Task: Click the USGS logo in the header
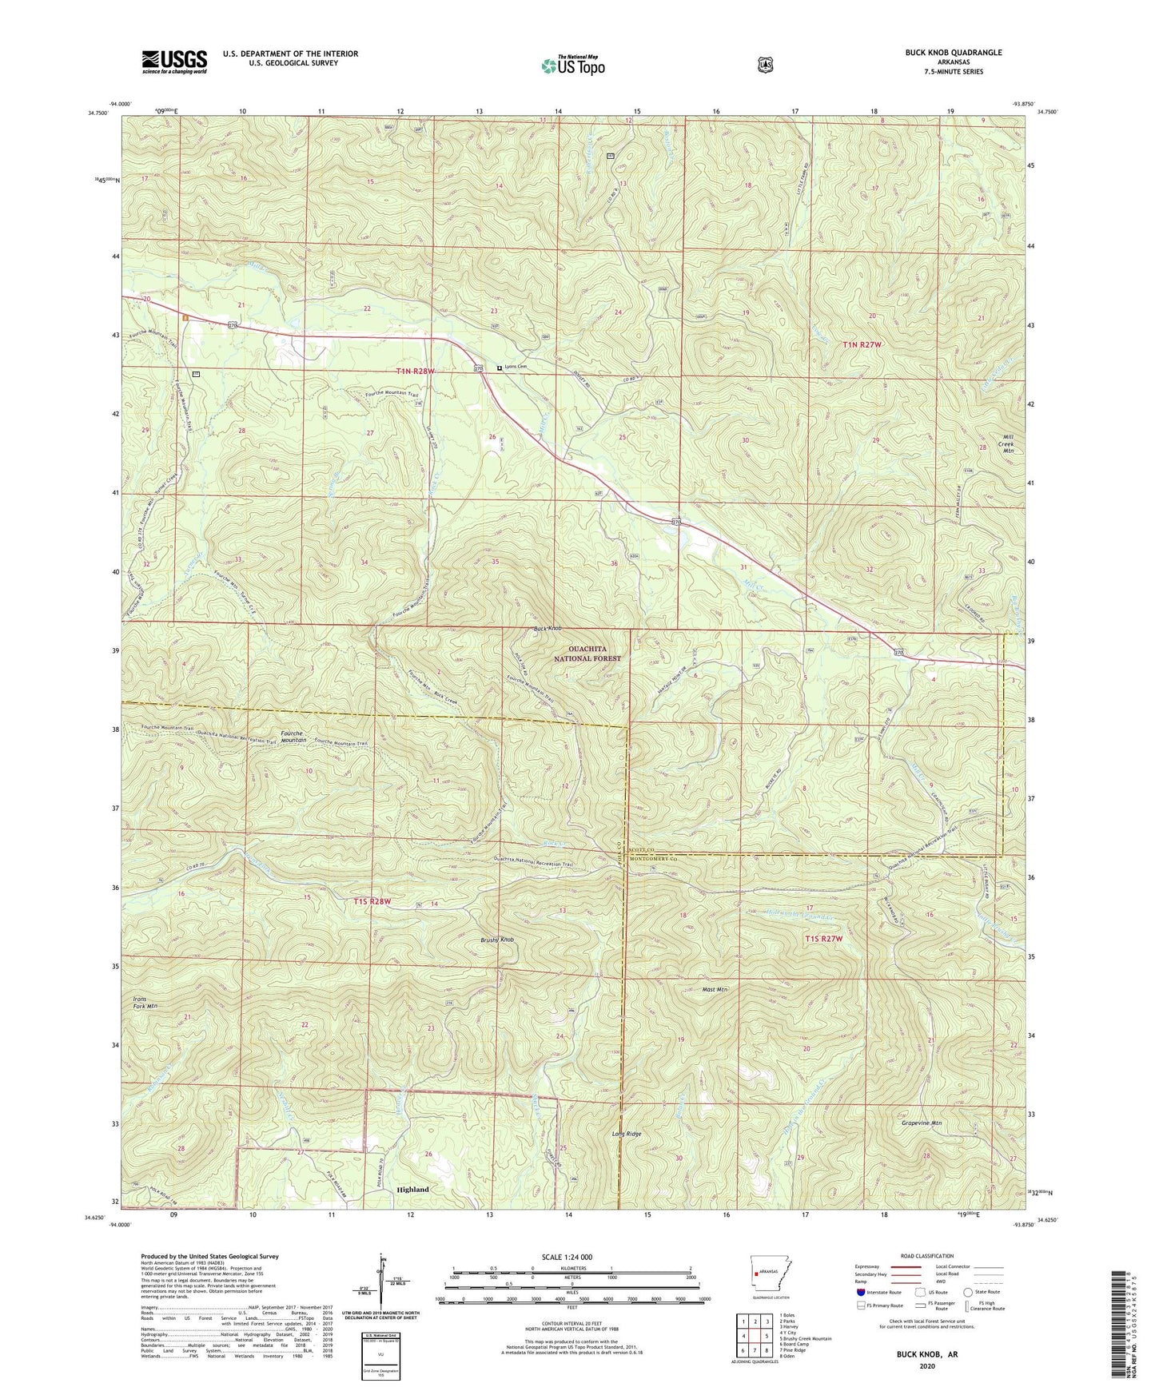click(x=174, y=62)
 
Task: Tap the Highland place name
click(x=412, y=1190)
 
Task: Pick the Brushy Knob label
click(x=498, y=940)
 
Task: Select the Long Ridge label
click(x=627, y=1134)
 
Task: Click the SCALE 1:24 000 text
click(x=572, y=1257)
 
